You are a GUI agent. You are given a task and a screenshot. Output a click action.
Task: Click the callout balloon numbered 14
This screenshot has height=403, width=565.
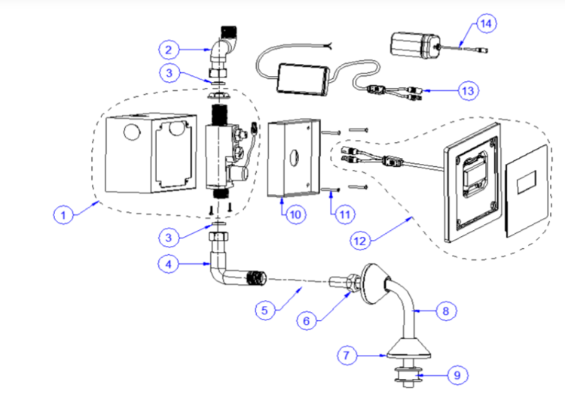coord(486,24)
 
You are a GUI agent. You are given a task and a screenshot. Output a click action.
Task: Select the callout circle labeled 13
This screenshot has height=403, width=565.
coord(468,90)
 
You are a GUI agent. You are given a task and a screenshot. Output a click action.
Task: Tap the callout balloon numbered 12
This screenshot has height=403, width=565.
coord(360,241)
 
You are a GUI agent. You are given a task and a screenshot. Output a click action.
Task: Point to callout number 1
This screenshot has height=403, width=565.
coord(63,215)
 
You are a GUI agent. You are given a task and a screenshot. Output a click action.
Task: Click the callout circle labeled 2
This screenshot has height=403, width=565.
coord(169,50)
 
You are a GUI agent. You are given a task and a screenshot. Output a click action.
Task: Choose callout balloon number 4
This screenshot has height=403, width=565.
coord(168,264)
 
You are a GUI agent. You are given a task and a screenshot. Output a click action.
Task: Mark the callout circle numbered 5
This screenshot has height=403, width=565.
coord(265,310)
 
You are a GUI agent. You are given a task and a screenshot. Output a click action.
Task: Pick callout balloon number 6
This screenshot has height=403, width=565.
coord(307,320)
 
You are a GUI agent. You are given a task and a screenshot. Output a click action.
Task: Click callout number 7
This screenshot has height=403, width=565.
coord(347,355)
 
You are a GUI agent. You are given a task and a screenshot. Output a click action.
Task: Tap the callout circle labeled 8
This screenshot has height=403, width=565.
coord(446,311)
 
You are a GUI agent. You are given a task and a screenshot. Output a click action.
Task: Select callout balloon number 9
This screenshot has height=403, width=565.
coord(457,375)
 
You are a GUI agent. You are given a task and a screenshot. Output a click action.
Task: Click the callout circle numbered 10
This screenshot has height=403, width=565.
coord(295,214)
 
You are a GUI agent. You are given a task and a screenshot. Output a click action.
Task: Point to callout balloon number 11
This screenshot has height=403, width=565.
coord(345,214)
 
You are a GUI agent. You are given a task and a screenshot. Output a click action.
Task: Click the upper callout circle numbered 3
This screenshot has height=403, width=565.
coord(169,73)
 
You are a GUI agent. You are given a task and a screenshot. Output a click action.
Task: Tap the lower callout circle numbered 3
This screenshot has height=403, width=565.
coord(169,238)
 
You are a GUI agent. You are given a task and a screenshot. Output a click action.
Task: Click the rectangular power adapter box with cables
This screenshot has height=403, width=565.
coord(303,80)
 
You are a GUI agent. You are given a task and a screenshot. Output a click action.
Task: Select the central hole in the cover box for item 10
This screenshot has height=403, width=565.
coord(294,158)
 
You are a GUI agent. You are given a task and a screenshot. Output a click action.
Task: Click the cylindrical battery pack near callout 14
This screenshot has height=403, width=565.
coord(415,45)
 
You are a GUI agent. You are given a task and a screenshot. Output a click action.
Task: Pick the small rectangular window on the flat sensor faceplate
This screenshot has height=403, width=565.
coord(527,181)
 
